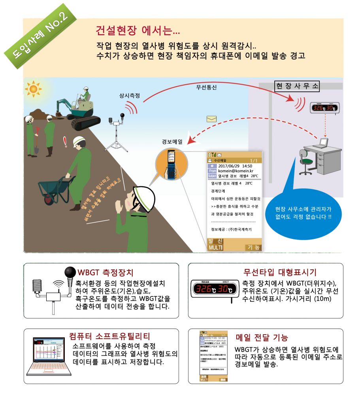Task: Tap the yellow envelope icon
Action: pos(211,119)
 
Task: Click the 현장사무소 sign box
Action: pos(297,86)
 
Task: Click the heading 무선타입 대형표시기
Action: pos(280,272)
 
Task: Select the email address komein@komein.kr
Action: pos(236,170)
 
